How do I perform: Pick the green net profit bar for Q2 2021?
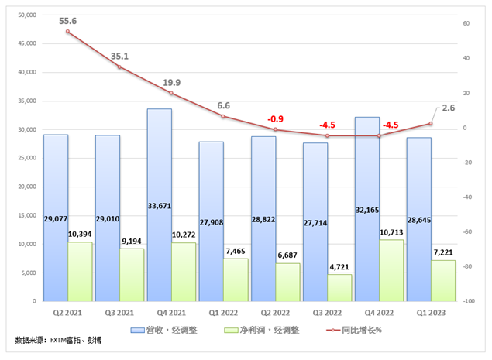coord(80,271)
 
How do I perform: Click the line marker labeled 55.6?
coord(67,32)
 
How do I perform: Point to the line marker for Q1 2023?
coord(431,124)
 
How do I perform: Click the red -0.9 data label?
coord(275,118)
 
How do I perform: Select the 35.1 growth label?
coord(119,56)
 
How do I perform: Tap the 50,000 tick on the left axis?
coord(26,15)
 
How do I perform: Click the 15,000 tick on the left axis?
coord(26,215)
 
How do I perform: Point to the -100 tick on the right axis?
coord(468,301)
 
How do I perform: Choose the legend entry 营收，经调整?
coord(175,329)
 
